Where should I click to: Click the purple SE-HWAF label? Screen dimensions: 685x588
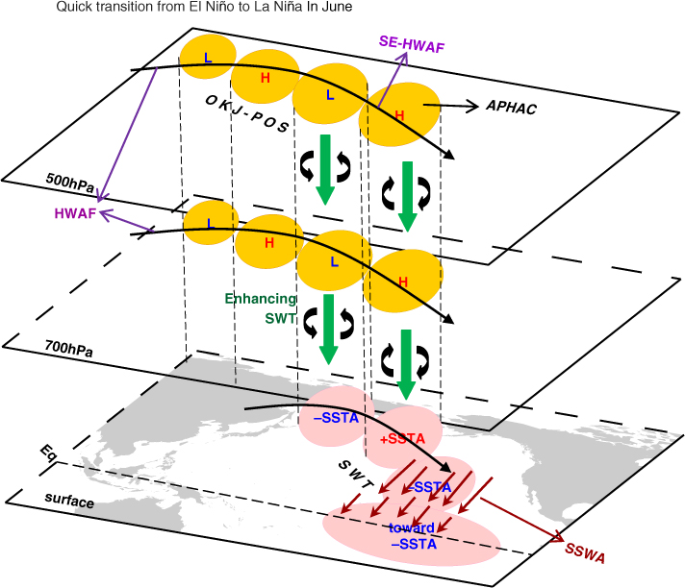click(412, 44)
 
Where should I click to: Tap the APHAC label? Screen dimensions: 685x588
click(511, 107)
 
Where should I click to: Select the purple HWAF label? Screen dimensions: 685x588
click(75, 213)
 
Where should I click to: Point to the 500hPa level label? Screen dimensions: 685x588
click(70, 183)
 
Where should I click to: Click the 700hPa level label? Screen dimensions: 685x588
click(68, 349)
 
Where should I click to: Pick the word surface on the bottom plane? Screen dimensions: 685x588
click(69, 501)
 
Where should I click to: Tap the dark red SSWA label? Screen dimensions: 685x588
click(585, 553)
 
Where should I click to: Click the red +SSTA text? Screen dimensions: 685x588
click(402, 438)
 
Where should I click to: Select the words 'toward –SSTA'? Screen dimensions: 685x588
click(413, 536)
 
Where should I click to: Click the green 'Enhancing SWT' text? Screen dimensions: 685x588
click(261, 308)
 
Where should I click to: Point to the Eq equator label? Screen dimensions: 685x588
click(48, 453)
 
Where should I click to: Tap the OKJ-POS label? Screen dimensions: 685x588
click(247, 114)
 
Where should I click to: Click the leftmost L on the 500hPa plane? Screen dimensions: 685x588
click(208, 57)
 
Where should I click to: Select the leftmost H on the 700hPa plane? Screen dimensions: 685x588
click(269, 242)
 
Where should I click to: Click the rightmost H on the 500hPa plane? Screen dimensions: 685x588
click(399, 115)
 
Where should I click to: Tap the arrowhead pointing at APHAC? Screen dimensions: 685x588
click(472, 106)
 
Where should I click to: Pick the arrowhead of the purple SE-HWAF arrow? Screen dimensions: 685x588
click(404, 57)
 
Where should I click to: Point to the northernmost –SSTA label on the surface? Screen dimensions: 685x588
click(336, 418)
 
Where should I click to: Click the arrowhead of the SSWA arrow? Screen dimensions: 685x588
click(559, 537)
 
